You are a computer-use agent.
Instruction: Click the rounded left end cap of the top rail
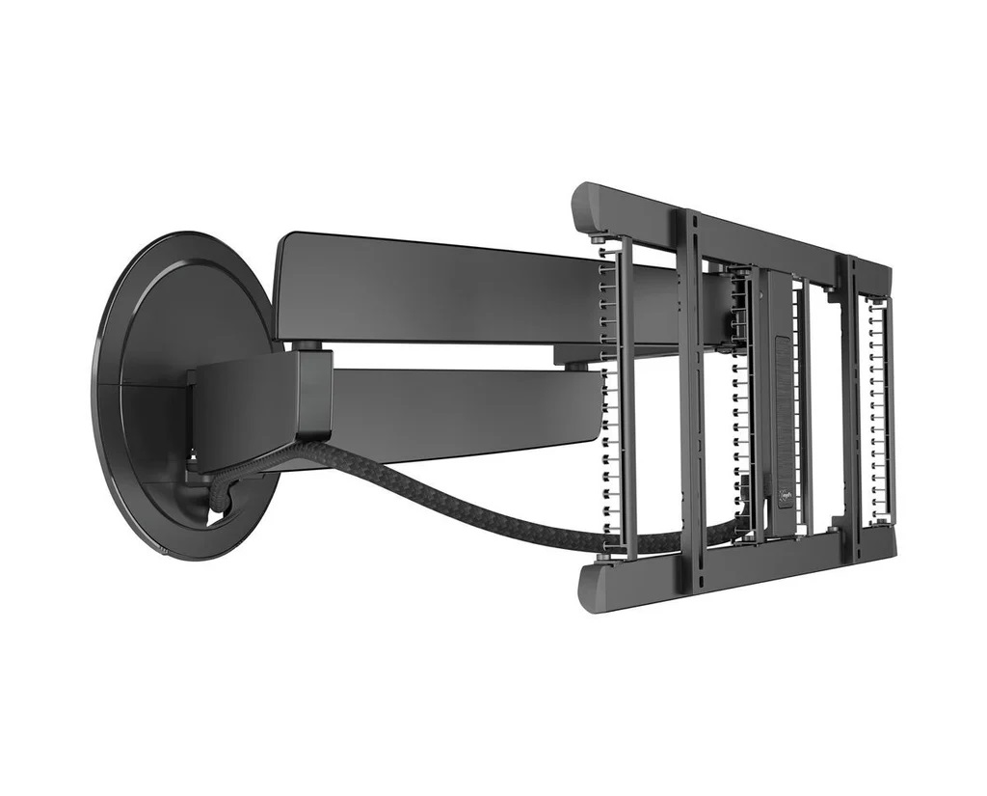point(586,205)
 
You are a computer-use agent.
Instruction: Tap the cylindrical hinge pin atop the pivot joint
point(307,344)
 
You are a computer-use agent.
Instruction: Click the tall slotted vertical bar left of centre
point(691,386)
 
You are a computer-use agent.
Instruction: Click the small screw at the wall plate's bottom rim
point(163,551)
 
